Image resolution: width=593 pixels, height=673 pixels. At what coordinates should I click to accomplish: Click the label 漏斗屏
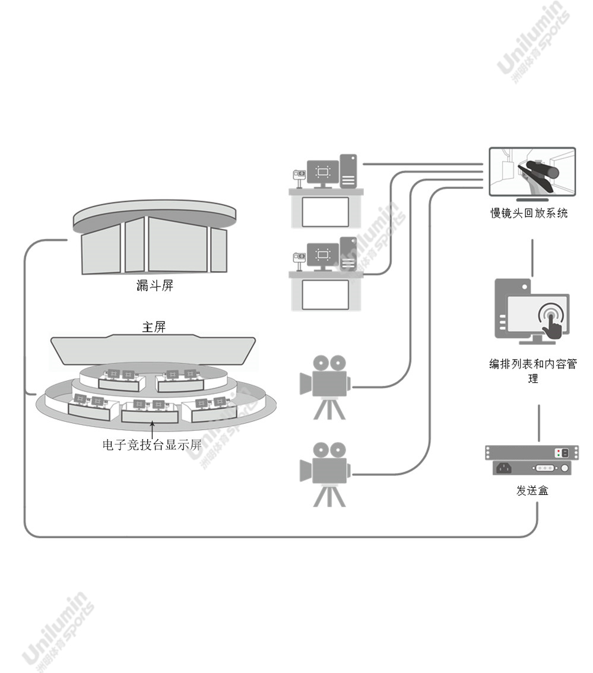pos(154,285)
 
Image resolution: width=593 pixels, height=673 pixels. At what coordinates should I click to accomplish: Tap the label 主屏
pos(154,327)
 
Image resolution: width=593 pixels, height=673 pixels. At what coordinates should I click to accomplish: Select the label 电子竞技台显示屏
pos(152,445)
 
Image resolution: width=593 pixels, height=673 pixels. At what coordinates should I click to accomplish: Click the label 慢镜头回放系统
pos(529,213)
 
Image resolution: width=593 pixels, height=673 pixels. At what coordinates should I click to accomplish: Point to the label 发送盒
pos(532,490)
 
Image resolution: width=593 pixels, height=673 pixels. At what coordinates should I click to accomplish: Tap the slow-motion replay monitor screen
pos(532,172)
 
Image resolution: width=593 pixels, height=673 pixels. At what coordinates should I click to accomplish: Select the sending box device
pos(532,460)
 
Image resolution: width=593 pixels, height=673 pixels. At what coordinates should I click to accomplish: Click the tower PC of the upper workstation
pos(348,171)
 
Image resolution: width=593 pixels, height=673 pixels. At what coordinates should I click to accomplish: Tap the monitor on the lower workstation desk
pos(323,256)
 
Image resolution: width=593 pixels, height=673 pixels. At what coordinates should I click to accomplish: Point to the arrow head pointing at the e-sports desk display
pos(152,424)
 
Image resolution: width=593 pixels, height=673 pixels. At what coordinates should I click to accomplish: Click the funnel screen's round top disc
pos(154,215)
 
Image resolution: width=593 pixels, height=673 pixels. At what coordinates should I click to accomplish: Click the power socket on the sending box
pos(504,468)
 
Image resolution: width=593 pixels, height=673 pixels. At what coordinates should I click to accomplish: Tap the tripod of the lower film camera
pos(329,496)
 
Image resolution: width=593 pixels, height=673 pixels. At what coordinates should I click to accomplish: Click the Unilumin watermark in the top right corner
pos(534,42)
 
